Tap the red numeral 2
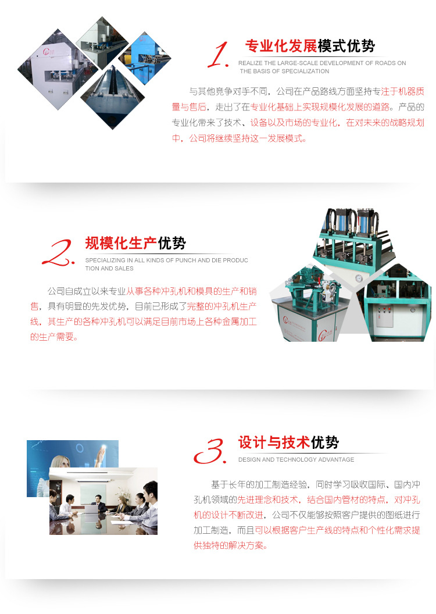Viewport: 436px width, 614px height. [59, 253]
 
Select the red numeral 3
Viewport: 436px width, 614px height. [210, 451]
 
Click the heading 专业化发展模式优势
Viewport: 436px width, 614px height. [310, 46]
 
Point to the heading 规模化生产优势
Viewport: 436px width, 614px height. [135, 243]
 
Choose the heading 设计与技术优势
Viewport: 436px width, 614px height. [288, 442]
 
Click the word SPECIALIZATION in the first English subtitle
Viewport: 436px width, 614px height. [306, 72]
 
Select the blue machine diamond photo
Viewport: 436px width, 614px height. [144, 58]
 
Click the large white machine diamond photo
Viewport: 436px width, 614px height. [52, 69]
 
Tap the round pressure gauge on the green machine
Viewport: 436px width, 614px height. [358, 279]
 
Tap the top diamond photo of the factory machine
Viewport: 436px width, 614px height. [102, 42]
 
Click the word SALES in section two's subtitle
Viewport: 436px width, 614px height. [124, 269]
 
